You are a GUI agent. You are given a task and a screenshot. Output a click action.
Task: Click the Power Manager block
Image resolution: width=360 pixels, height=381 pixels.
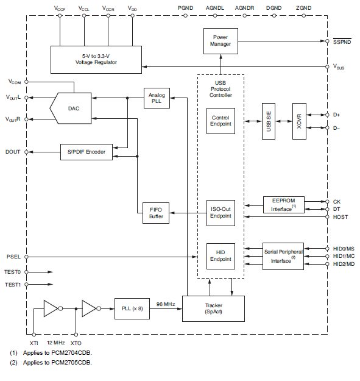coord(220,41)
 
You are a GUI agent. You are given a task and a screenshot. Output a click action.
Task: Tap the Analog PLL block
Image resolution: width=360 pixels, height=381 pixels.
coord(157,99)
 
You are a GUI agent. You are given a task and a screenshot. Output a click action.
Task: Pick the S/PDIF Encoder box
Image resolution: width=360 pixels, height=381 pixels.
coord(86,152)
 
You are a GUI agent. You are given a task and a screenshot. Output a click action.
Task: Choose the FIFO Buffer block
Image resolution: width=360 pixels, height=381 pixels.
coord(157,213)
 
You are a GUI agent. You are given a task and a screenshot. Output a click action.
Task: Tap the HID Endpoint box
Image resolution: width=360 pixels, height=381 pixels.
coord(220,255)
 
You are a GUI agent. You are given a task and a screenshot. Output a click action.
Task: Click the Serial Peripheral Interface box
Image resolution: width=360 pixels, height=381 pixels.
coord(282,256)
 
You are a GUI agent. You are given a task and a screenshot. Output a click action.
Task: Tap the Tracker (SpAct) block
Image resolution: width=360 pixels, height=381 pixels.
coord(213,308)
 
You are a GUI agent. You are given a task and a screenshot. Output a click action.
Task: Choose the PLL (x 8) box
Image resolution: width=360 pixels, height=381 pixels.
coord(131,308)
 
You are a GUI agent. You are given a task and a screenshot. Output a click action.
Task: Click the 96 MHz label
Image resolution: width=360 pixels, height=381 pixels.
coord(165,304)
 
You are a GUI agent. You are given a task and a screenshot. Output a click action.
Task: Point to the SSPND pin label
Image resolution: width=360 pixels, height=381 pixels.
coord(342,41)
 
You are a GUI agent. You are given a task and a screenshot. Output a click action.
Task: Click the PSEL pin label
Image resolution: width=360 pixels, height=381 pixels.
coord(13,257)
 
